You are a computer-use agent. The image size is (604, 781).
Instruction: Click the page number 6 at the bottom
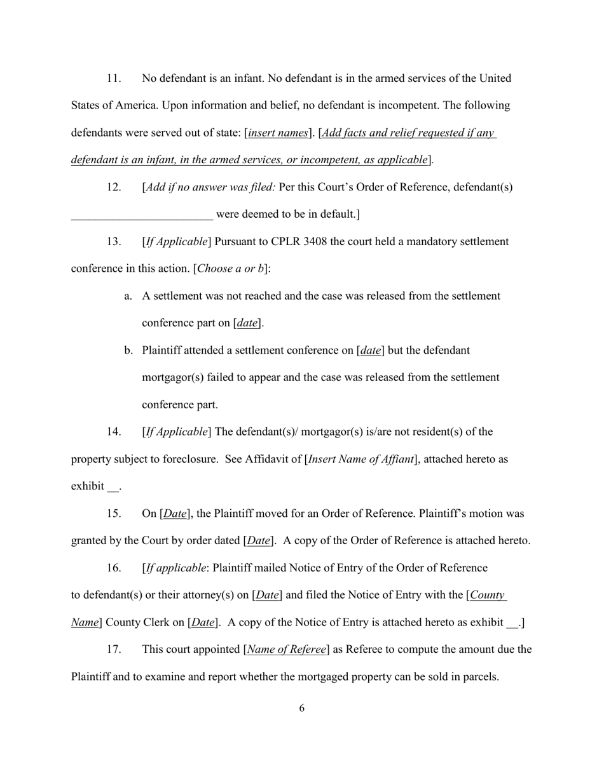pos(301,708)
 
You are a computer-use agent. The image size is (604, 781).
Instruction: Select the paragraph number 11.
pos(113,79)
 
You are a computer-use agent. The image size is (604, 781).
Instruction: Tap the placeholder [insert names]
pos(278,133)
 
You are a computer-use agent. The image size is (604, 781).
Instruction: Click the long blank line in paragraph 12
pos(142,215)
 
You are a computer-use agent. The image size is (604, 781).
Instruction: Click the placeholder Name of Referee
pos(287,650)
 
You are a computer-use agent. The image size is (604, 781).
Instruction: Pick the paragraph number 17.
pos(113,650)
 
